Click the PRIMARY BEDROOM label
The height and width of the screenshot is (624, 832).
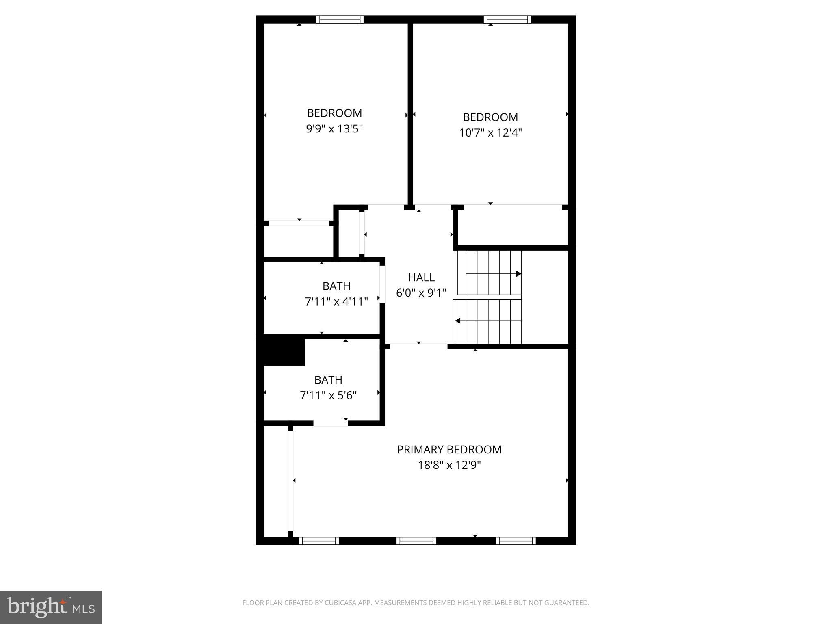click(x=449, y=449)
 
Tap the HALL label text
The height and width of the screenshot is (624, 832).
click(x=421, y=277)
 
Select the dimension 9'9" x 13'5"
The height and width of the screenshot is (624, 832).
click(x=334, y=129)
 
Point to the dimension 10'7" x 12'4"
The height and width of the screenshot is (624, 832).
click(x=490, y=133)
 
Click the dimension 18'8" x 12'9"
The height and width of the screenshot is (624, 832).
click(x=449, y=465)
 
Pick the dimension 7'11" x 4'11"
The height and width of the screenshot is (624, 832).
click(x=336, y=301)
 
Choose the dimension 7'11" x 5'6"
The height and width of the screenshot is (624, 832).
click(x=328, y=395)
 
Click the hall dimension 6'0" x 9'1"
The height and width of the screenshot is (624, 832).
click(x=421, y=293)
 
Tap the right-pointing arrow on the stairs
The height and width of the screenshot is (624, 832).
click(x=518, y=274)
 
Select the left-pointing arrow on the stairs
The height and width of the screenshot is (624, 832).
click(x=458, y=321)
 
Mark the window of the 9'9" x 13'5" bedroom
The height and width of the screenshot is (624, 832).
click(x=340, y=19)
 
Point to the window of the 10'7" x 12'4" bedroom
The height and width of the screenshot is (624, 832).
click(x=507, y=19)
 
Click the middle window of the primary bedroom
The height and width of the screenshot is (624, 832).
click(x=416, y=541)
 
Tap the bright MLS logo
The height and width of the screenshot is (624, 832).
click(x=51, y=607)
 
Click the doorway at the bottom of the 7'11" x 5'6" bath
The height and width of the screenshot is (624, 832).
click(x=330, y=423)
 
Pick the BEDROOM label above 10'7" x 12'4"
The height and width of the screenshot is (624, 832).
click(x=490, y=117)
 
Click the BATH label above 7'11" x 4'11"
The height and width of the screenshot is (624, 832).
click(x=336, y=286)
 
